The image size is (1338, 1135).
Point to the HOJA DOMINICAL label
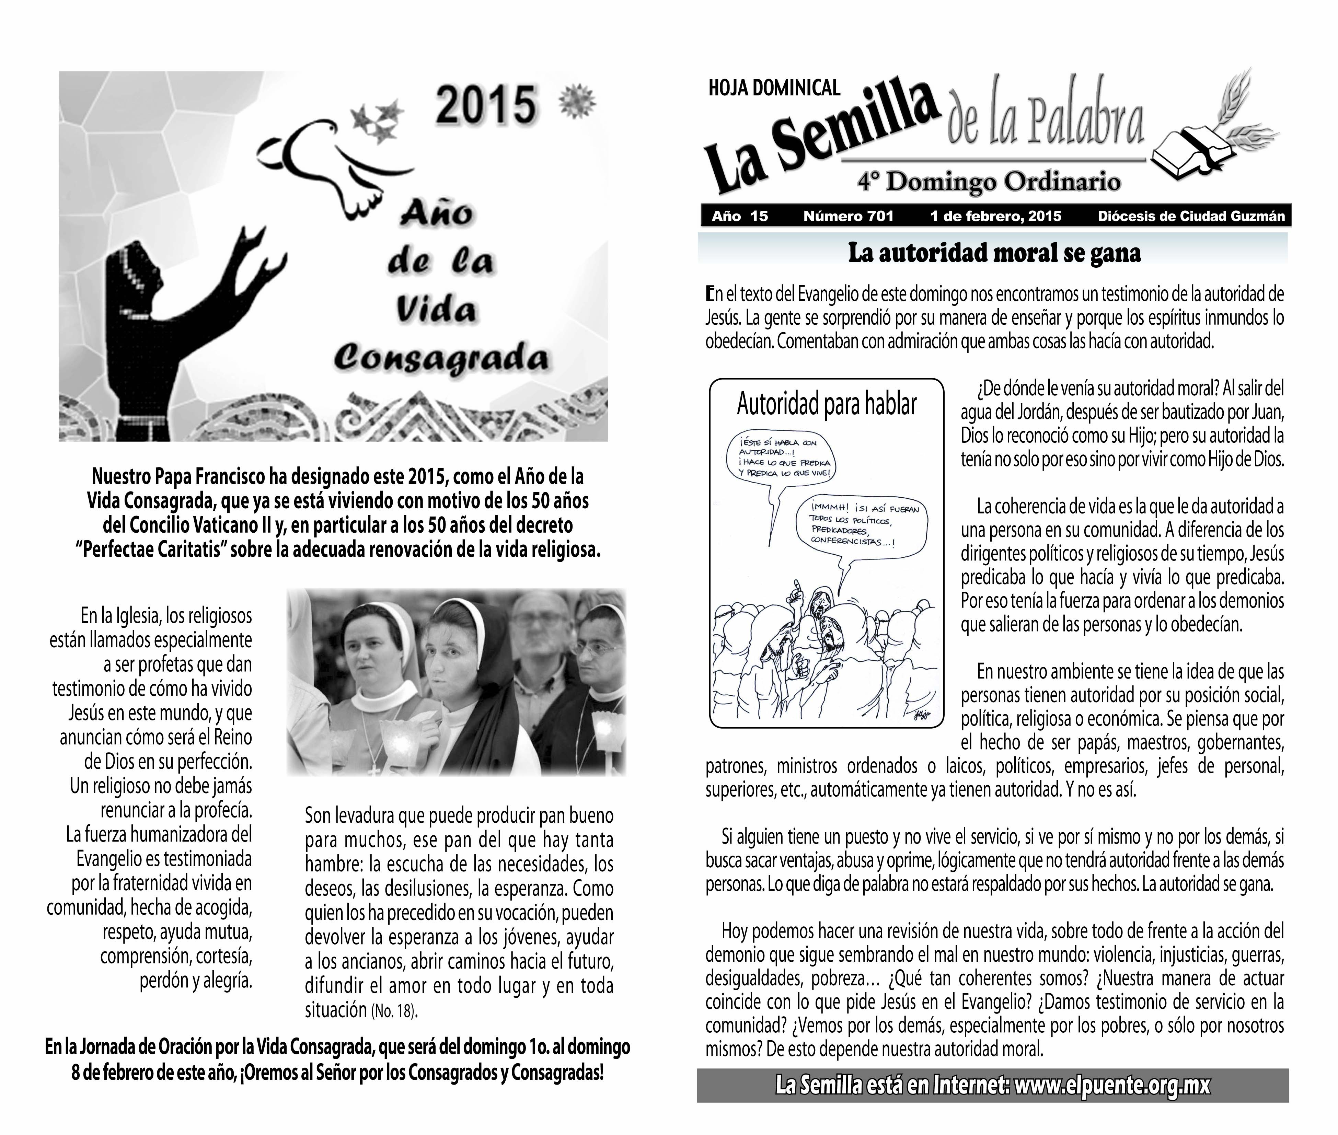[x=774, y=88]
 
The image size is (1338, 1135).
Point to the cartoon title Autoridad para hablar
[x=826, y=404]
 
